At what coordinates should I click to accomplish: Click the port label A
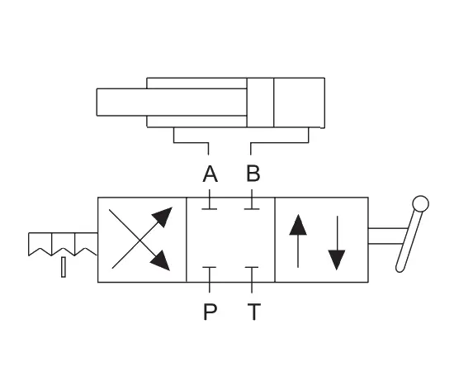tap(210, 174)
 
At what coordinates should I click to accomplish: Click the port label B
tap(253, 174)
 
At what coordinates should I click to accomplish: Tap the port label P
tap(210, 312)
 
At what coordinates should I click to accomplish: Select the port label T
tap(254, 312)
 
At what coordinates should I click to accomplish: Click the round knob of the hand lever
tap(420, 203)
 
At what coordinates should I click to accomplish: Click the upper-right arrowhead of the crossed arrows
tap(163, 217)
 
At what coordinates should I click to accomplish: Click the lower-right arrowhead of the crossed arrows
tap(161, 260)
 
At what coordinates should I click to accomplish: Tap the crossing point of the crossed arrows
tap(140, 240)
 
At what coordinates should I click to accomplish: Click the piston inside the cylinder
tap(260, 103)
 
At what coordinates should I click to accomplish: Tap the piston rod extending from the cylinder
tap(172, 102)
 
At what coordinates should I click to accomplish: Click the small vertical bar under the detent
tap(64, 267)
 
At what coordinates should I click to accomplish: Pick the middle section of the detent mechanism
tap(64, 244)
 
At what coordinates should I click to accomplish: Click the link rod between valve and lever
tap(387, 236)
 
